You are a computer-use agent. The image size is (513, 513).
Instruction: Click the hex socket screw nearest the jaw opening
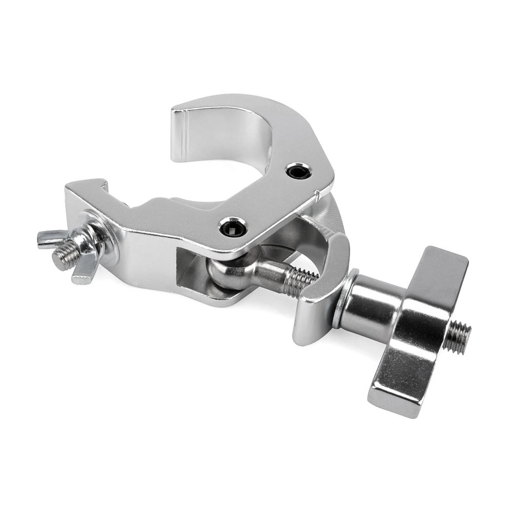point(299,171)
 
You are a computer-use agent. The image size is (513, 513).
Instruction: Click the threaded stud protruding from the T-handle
point(457,338)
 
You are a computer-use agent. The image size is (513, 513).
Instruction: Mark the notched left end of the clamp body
point(85,190)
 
